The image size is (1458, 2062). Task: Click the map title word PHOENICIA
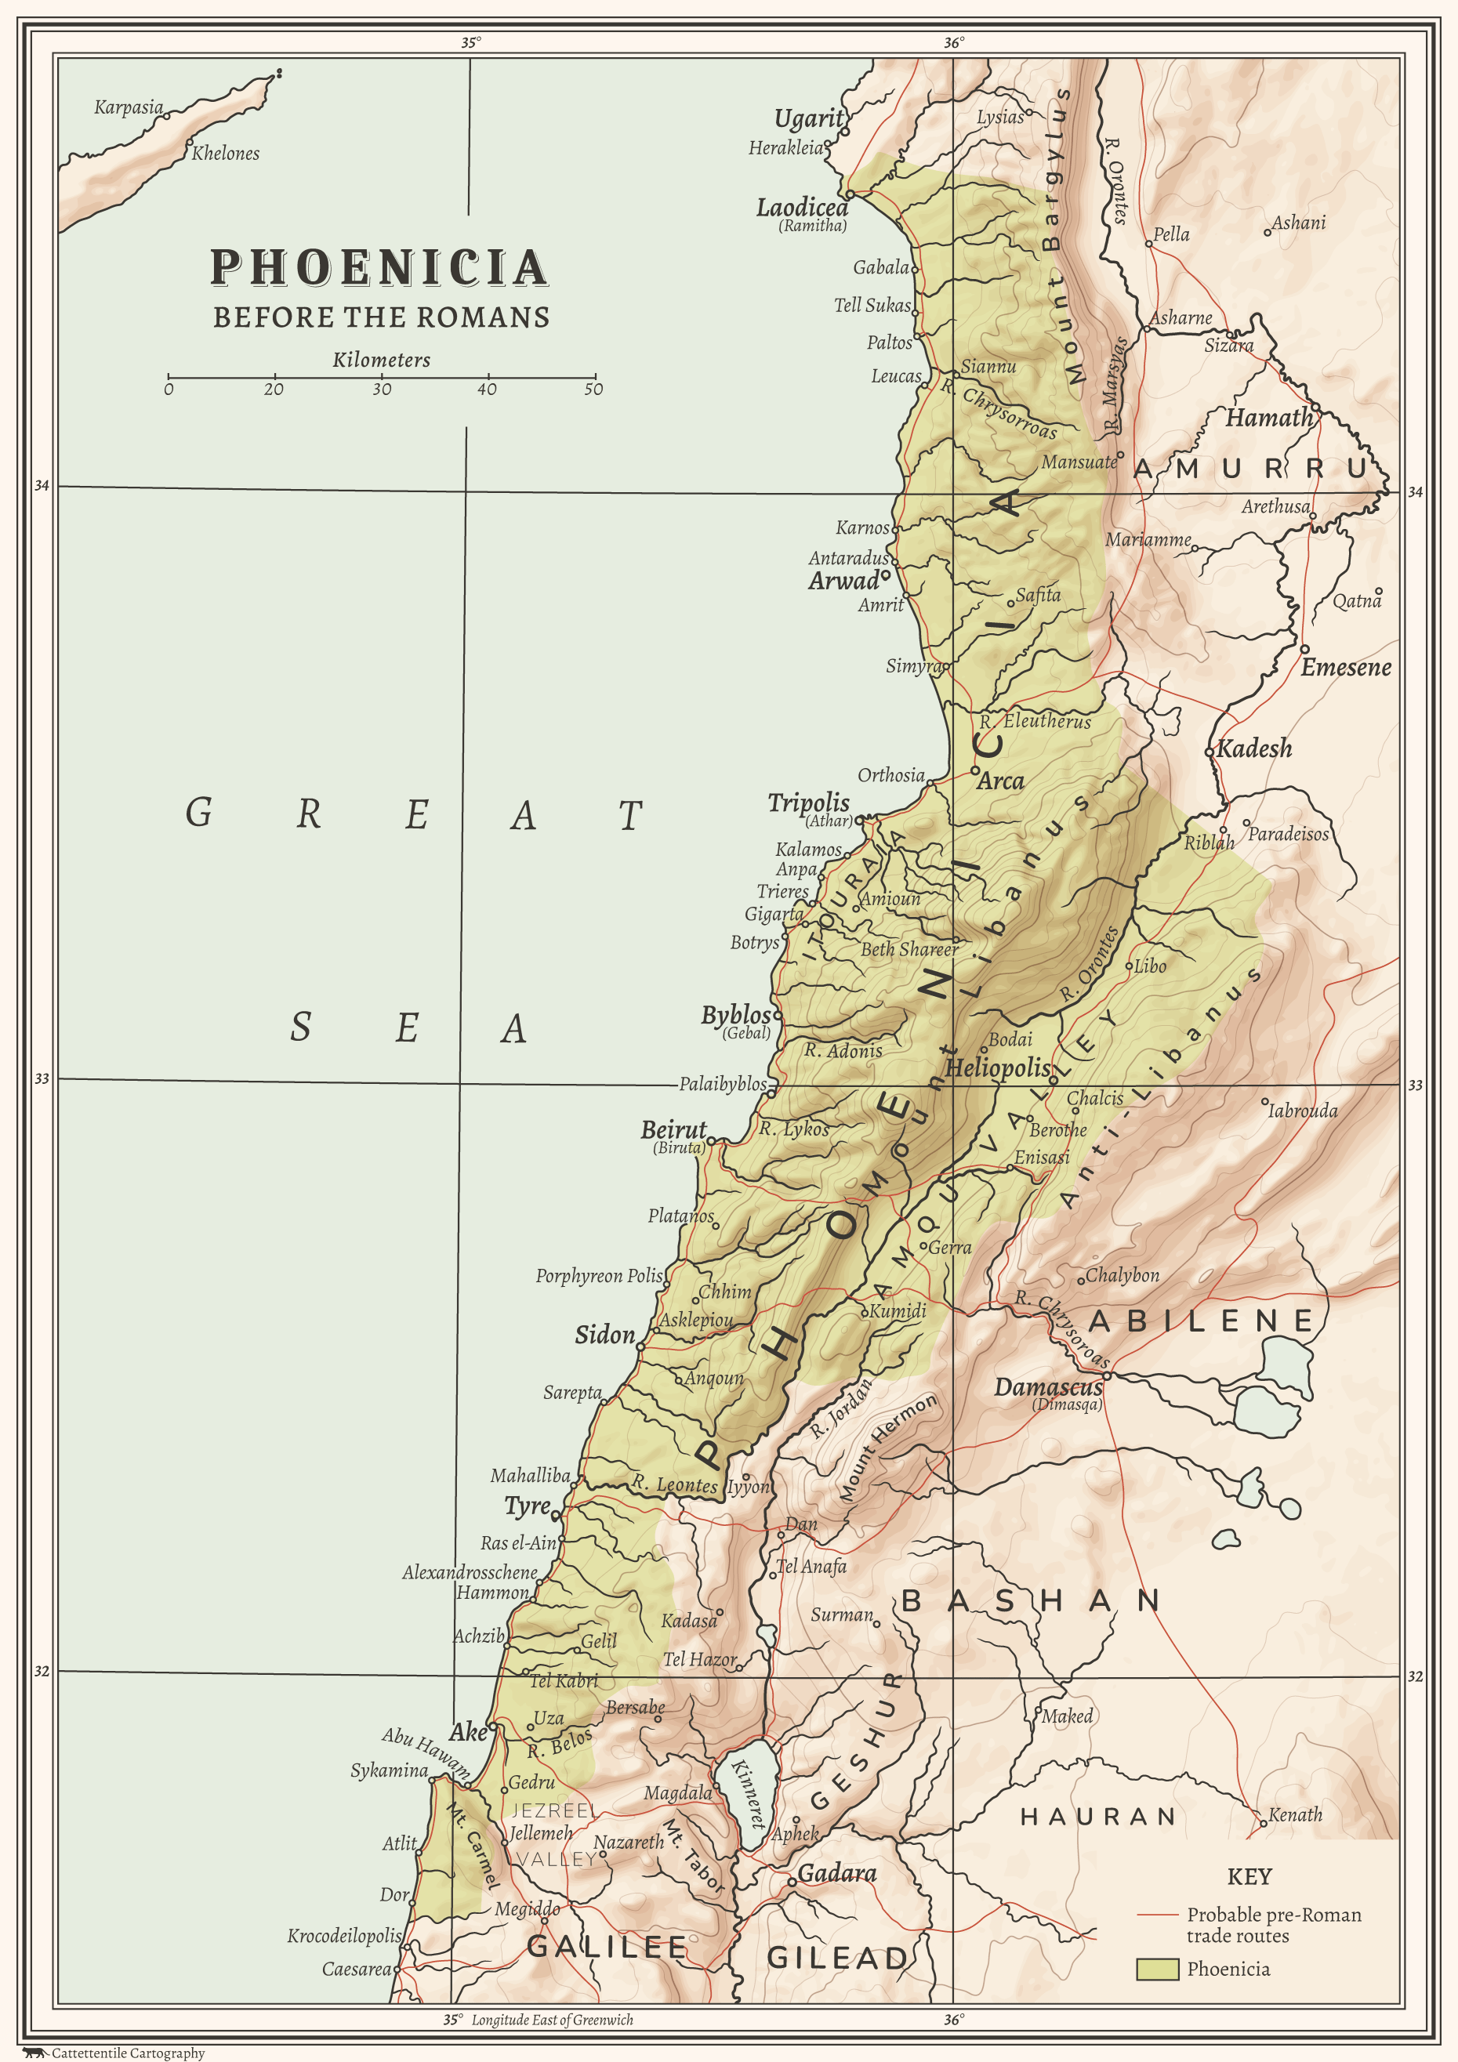(x=379, y=267)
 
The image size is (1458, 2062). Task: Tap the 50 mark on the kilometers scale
(x=593, y=389)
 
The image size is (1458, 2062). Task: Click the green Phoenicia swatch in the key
(x=1156, y=1969)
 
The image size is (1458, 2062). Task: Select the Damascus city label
(x=1047, y=1387)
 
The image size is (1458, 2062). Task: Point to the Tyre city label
(x=528, y=1506)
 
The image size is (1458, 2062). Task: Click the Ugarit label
(x=808, y=118)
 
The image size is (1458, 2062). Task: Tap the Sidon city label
(x=604, y=1335)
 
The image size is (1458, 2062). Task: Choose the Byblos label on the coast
(x=736, y=1015)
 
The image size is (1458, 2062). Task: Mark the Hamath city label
(x=1268, y=418)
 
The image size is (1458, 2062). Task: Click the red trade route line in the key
(x=1156, y=1915)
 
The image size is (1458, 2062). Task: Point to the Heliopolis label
(x=997, y=1067)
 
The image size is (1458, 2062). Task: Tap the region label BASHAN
(x=1029, y=1600)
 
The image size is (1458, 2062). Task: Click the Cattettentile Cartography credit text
(x=128, y=2052)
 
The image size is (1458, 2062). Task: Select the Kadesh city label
(x=1254, y=748)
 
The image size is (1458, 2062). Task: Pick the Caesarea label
(x=357, y=1969)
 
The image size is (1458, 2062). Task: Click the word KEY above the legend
(x=1249, y=1876)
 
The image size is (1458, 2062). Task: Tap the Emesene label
(x=1345, y=667)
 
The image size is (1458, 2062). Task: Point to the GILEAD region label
(x=837, y=1957)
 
